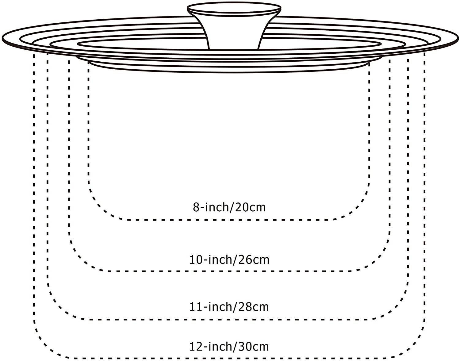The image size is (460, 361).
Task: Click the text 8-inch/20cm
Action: (229, 207)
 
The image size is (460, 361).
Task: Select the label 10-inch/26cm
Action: (229, 260)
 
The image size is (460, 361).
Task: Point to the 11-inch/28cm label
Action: (229, 307)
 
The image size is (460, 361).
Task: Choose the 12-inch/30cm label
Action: (229, 347)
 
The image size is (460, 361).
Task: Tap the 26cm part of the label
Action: (254, 260)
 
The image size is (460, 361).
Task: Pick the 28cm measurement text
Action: (254, 307)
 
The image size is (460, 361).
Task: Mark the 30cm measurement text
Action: (254, 347)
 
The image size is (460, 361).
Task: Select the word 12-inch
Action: (211, 347)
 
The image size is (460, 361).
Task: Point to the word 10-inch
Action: (211, 260)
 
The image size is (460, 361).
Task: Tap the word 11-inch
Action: (211, 307)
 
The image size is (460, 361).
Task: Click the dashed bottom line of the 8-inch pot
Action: (229, 220)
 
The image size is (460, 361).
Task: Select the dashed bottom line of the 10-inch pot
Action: (229, 271)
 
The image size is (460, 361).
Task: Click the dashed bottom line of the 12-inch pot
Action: (229, 358)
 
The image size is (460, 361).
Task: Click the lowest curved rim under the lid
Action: (229, 72)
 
